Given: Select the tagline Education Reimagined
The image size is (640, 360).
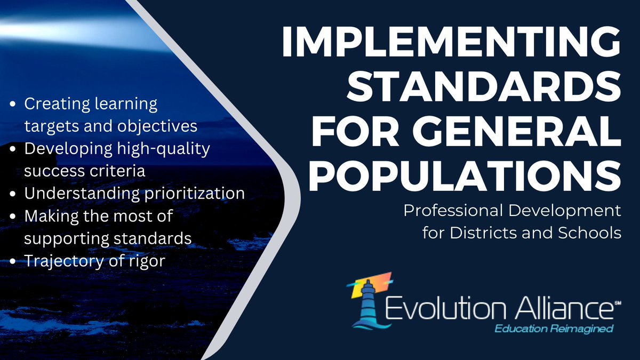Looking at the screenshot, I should [554, 329].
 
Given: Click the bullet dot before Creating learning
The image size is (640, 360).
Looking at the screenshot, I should [13, 105].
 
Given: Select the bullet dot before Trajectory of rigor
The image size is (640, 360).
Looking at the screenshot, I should [13, 261].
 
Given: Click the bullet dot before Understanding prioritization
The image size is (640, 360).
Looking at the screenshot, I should [13, 194].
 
